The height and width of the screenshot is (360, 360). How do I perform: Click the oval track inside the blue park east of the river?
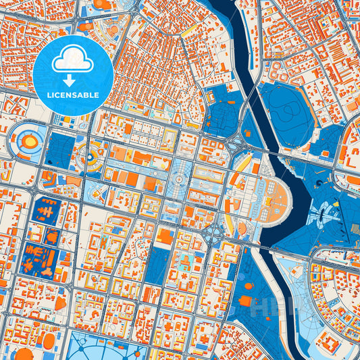coord(288,111)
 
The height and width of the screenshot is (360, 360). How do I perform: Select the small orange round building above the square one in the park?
coord(248,286)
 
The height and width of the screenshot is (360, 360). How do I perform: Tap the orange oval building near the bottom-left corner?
coord(24,353)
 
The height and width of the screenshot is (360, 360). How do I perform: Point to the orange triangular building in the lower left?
coord(61,303)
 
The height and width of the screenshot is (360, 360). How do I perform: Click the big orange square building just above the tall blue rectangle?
coord(165,235)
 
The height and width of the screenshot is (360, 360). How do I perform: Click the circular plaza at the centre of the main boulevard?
coord(178,180)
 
